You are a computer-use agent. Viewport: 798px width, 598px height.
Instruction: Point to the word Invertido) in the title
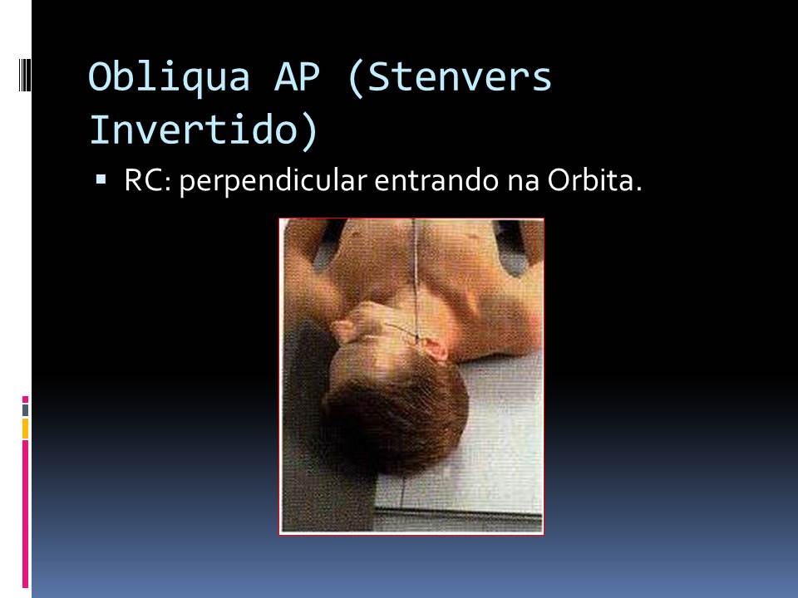[x=203, y=129]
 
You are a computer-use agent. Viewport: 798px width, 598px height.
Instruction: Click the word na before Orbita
[x=518, y=181]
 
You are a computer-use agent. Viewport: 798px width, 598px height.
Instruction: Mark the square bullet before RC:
[x=101, y=179]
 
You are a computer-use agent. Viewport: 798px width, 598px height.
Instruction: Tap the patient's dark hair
[x=416, y=415]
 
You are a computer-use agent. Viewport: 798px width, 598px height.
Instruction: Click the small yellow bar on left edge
[x=25, y=429]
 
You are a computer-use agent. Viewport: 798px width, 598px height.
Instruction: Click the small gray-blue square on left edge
[x=25, y=409]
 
